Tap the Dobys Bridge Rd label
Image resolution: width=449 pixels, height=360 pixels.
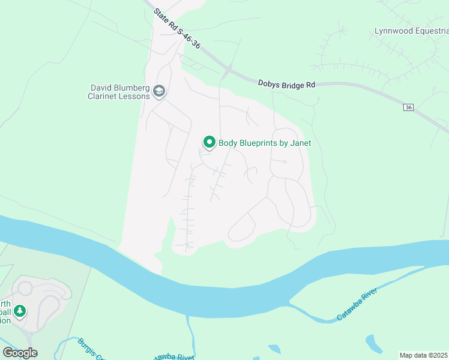pos(286,85)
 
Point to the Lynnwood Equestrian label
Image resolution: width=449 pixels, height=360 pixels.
pos(411,31)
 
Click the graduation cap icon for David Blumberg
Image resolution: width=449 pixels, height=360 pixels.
pos(159,91)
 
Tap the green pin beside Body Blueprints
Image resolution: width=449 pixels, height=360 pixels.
pos(209,142)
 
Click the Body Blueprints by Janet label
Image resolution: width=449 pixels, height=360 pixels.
pos(264,143)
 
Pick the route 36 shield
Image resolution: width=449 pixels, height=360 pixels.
pos(409,107)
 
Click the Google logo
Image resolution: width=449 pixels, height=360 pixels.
pos(20,353)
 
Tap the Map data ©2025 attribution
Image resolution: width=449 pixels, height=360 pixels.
pos(424,355)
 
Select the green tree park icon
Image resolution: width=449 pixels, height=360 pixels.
pos(20,311)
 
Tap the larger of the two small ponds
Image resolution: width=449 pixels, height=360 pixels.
pos(373,344)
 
